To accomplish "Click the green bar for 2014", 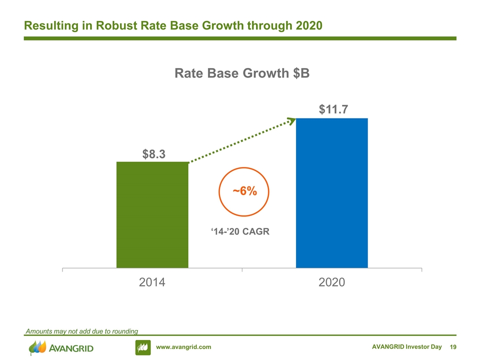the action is [152, 215].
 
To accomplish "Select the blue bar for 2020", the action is [332, 193].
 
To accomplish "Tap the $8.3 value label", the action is [153, 154].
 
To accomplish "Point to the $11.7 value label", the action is [333, 109].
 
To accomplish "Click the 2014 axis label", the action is [152, 282].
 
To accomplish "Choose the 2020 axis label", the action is [332, 282].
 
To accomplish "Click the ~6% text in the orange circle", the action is [244, 191].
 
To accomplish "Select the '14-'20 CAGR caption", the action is [240, 231].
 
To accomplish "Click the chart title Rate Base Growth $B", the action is [242, 73].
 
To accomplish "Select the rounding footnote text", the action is [81, 331].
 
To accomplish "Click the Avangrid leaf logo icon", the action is [37, 347].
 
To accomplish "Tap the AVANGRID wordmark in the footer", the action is [71, 348].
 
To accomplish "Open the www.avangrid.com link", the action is [183, 347].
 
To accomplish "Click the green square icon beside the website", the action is [143, 347].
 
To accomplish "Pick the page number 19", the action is [453, 347].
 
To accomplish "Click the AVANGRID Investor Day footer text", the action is [407, 347].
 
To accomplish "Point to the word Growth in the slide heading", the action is [222, 25].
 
